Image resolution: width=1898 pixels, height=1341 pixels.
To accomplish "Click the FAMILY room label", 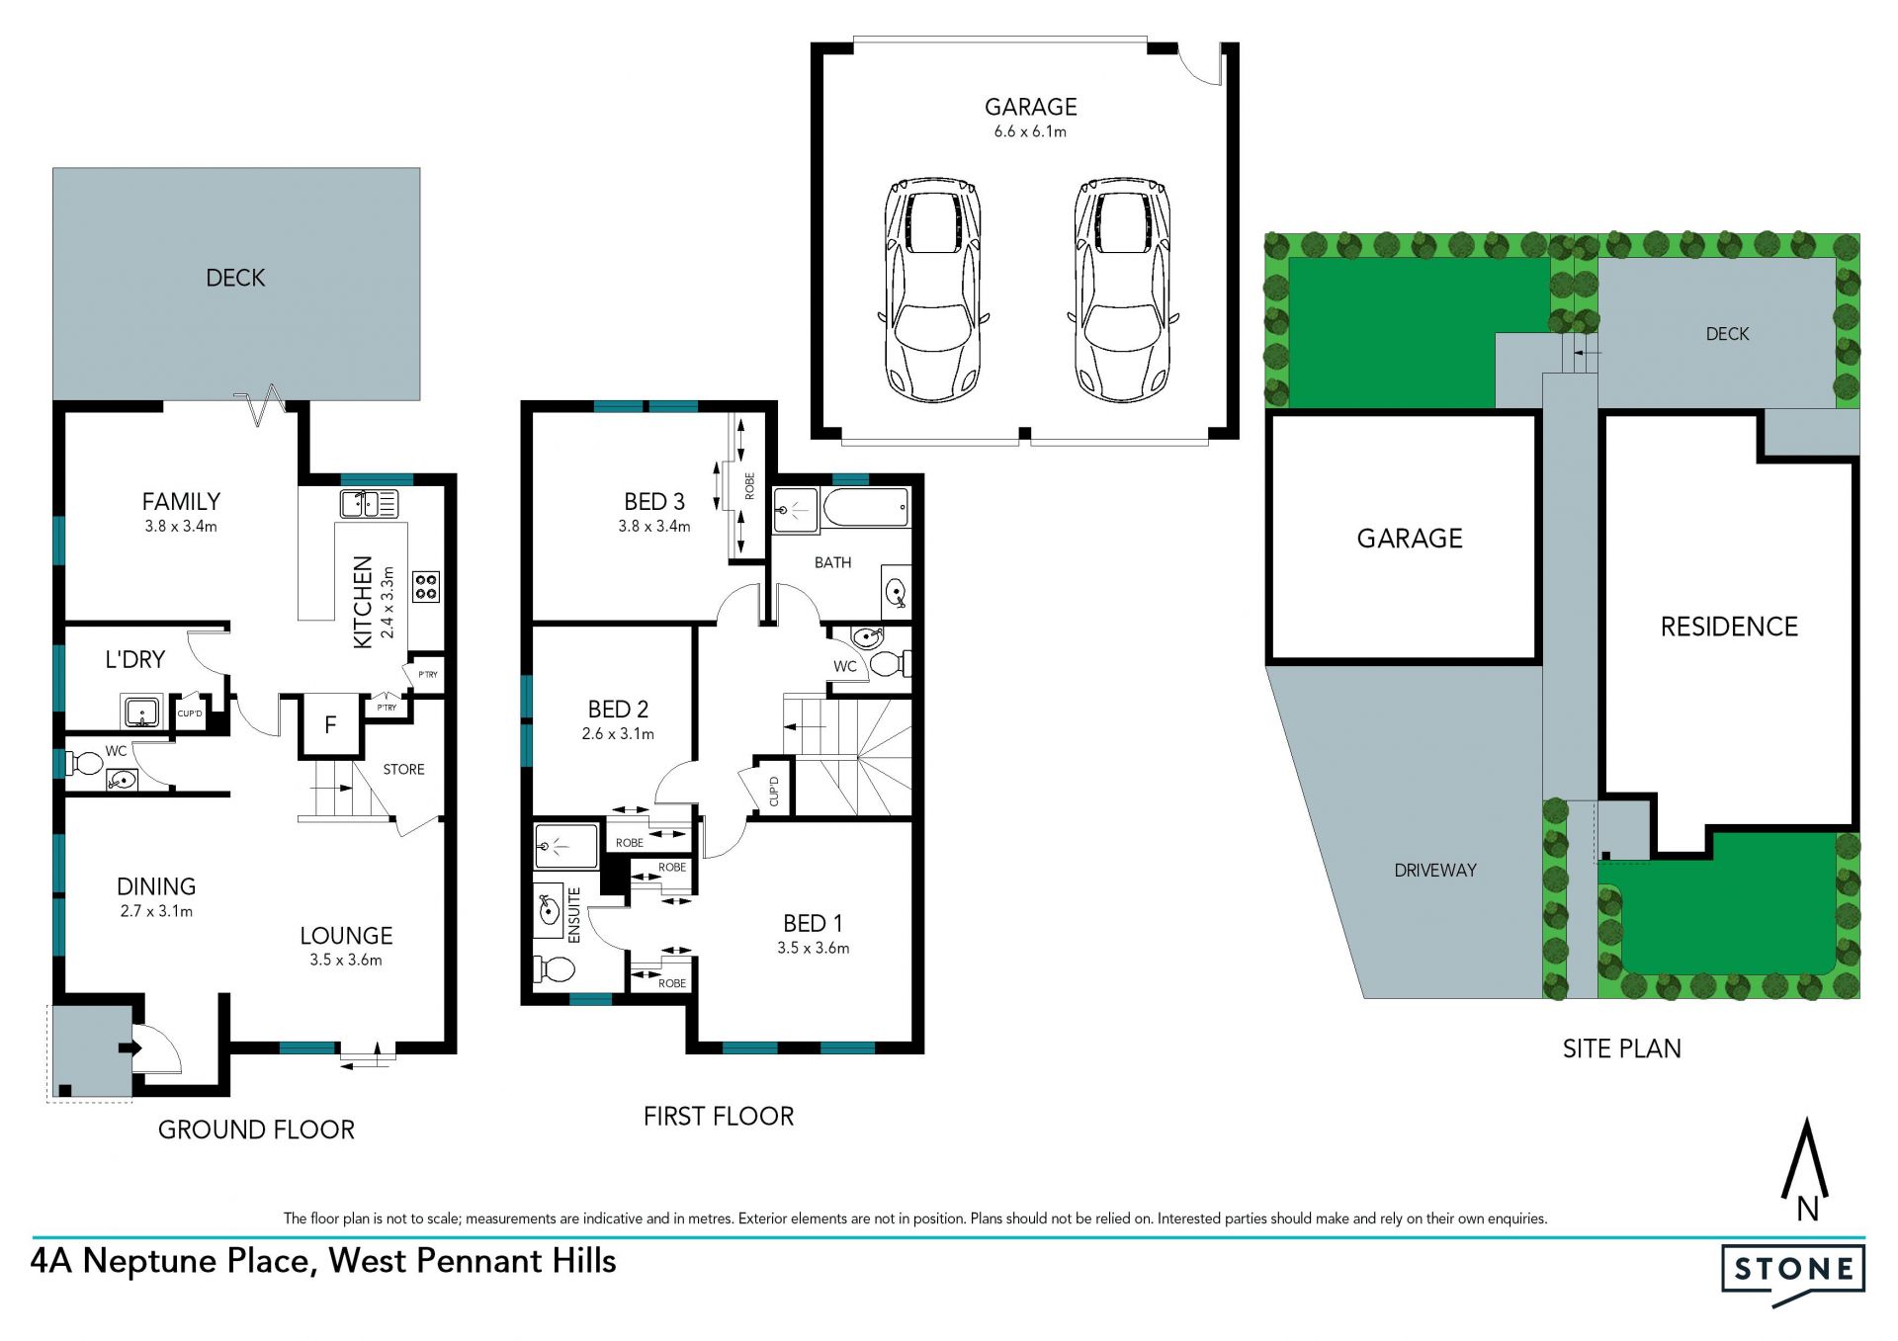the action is pyautogui.click(x=181, y=501).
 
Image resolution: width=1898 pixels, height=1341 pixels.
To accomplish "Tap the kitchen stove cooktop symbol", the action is pyautogui.click(x=426, y=587).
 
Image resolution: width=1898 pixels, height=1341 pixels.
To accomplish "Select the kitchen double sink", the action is pyautogui.click(x=369, y=503).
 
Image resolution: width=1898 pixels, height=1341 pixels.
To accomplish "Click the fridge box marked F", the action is pyautogui.click(x=331, y=725).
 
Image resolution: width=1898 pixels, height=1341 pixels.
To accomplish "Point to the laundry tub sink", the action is pyautogui.click(x=141, y=712).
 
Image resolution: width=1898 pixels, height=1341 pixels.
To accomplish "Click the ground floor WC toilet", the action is pyautogui.click(x=84, y=763).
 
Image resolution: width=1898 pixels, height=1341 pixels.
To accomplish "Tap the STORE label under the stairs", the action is pyautogui.click(x=403, y=769).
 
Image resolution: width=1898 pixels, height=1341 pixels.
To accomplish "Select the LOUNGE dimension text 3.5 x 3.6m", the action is pyautogui.click(x=345, y=960).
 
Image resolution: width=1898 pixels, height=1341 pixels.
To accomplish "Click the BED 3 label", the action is pyautogui.click(x=654, y=501).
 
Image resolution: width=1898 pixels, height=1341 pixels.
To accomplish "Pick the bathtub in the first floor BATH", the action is pyautogui.click(x=866, y=508).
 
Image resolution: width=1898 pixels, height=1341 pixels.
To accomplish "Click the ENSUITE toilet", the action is pyautogui.click(x=554, y=969).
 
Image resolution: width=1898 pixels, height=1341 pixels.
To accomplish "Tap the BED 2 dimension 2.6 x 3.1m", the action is pyautogui.click(x=618, y=733).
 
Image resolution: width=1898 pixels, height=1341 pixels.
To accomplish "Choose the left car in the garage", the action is pyautogui.click(x=933, y=290).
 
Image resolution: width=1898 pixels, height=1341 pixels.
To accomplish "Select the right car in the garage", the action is pyautogui.click(x=1123, y=290).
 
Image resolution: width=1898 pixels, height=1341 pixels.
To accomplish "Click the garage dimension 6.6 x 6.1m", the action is pyautogui.click(x=1030, y=131).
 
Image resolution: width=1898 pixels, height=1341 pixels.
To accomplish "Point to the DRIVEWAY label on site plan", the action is pyautogui.click(x=1435, y=870).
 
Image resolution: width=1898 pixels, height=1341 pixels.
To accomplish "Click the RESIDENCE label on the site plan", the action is pyautogui.click(x=1729, y=627).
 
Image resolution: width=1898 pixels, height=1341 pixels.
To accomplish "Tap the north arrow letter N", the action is pyautogui.click(x=1808, y=1209).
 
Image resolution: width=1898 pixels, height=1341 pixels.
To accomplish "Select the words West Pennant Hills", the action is pyautogui.click(x=473, y=1261).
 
